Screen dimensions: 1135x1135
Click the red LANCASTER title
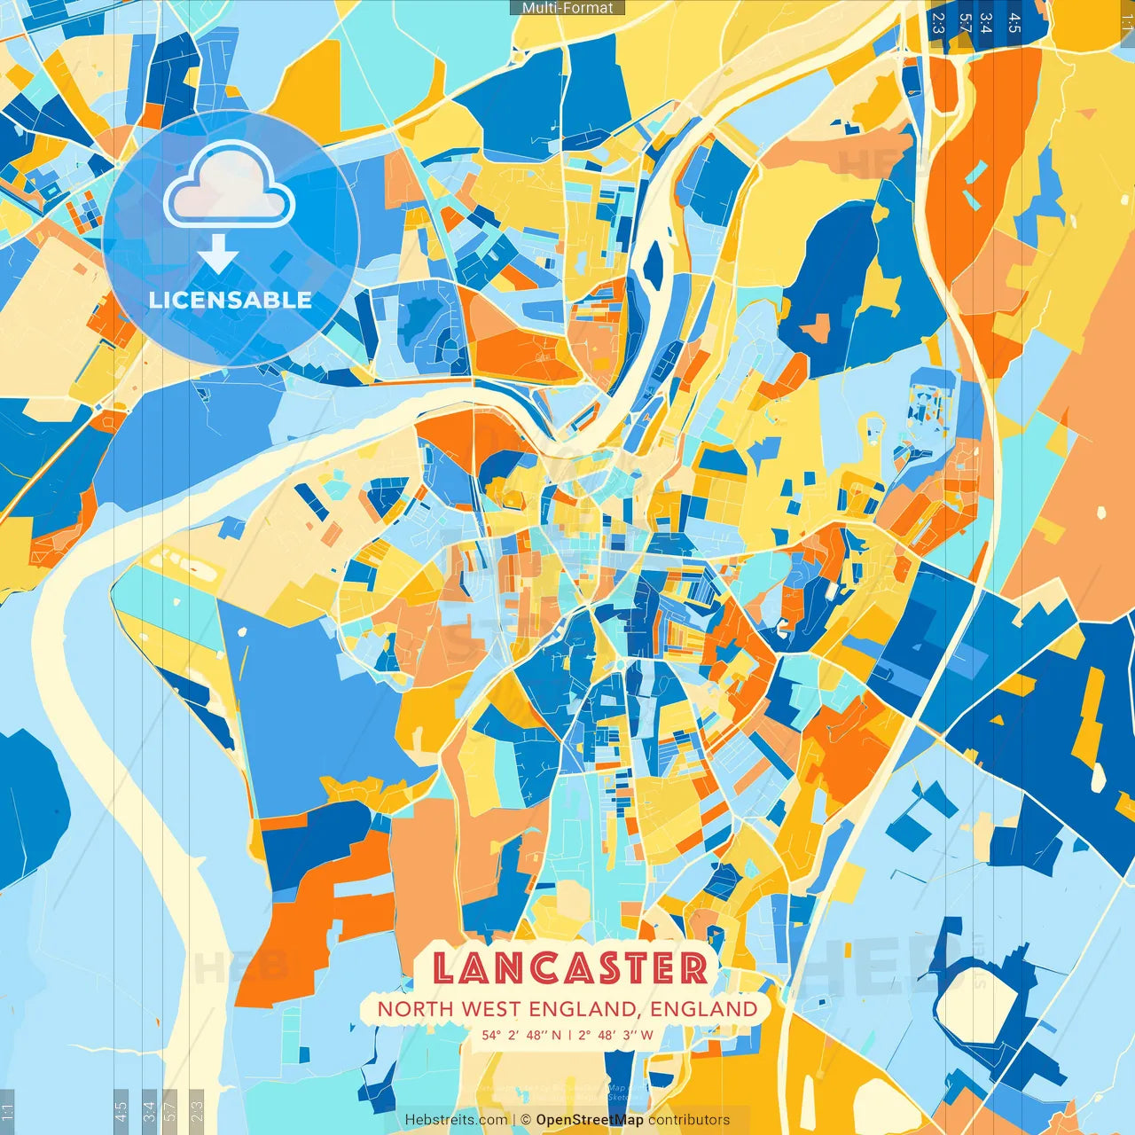[570, 967]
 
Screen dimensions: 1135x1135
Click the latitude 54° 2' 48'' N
[521, 1035]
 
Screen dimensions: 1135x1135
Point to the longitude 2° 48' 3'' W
[615, 1035]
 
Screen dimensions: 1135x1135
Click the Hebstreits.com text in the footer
[456, 1120]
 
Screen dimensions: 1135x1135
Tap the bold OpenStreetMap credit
[590, 1120]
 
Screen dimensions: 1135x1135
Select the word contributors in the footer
[689, 1120]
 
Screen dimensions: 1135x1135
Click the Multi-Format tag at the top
[567, 8]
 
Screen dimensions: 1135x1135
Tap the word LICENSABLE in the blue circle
[231, 300]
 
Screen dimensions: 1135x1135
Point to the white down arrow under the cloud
[218, 254]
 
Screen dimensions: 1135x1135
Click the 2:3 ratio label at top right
[938, 23]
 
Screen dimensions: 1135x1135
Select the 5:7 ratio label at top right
[965, 23]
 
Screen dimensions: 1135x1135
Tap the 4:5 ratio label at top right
[1014, 23]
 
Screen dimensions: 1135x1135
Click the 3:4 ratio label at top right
[985, 23]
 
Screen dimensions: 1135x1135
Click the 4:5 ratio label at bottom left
[121, 1110]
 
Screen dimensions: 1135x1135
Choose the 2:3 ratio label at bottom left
[197, 1110]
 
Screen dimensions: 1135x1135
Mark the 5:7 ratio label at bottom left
[170, 1110]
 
